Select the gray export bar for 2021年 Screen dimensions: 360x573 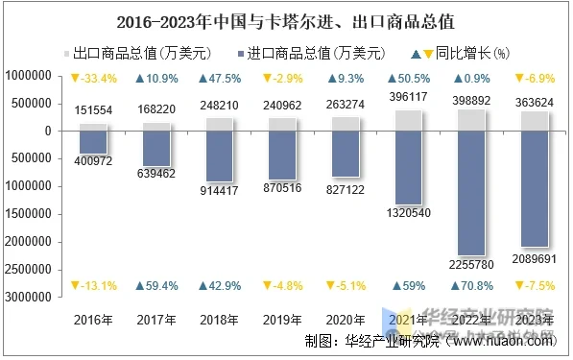pyautogui.click(x=408, y=120)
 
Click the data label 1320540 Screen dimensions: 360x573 pyautogui.click(x=408, y=212)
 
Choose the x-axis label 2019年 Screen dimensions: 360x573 pyautogui.click(x=282, y=319)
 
